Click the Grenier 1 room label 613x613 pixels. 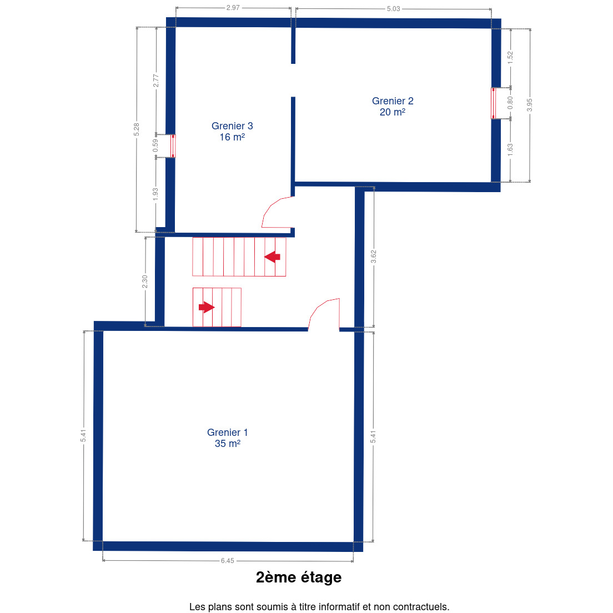(x=227, y=438)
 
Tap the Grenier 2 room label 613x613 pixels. (x=393, y=107)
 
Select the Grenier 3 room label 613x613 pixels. (x=232, y=132)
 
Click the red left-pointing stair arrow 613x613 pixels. (x=272, y=257)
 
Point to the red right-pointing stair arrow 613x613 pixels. (x=207, y=307)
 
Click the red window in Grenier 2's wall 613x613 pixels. (x=494, y=103)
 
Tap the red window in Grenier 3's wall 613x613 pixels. (x=173, y=146)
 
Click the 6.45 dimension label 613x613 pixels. (x=228, y=561)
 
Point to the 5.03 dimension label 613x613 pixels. (x=393, y=8)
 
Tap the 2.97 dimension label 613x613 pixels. (x=233, y=7)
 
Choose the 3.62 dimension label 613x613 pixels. (x=373, y=257)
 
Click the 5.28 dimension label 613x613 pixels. (x=136, y=129)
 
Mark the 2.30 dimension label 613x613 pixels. (x=145, y=282)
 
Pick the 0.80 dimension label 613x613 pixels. (x=510, y=103)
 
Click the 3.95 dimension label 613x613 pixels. (x=529, y=105)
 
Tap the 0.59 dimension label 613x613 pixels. (x=155, y=146)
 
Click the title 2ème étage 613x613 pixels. (x=299, y=577)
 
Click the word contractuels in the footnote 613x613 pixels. (x=421, y=607)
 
